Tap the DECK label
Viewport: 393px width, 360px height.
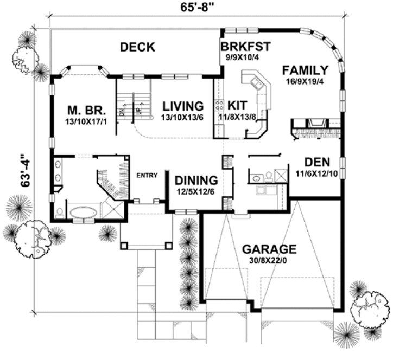point(137,47)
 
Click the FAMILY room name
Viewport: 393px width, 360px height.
point(305,70)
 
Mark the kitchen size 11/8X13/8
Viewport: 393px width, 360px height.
point(238,117)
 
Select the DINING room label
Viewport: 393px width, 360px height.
point(196,180)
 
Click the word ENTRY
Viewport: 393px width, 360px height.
point(147,175)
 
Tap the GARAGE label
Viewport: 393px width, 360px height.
point(269,249)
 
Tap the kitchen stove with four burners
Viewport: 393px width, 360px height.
point(220,104)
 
